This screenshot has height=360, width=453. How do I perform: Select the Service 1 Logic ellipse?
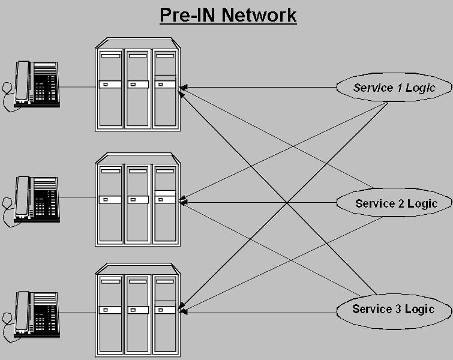394,88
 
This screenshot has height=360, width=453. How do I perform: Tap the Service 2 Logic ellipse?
395,203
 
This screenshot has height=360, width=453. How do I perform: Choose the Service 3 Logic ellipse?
393,310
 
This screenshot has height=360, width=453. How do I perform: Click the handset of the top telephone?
23,82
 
